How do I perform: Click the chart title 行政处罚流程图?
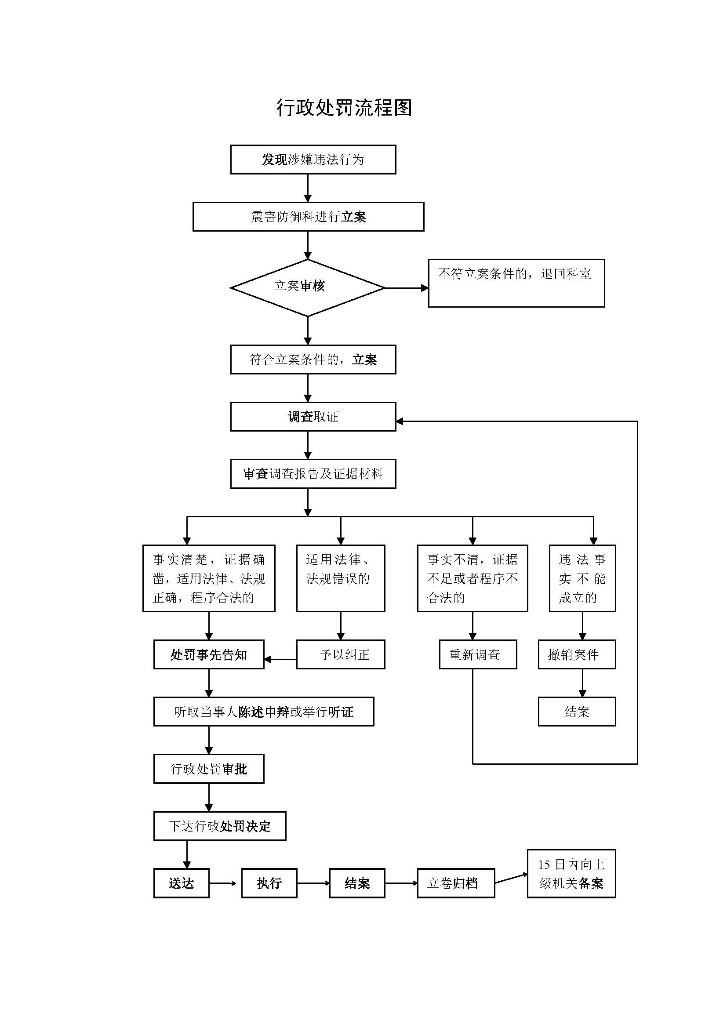[x=344, y=108]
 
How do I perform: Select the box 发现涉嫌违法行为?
[x=313, y=160]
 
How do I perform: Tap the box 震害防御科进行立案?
[x=308, y=217]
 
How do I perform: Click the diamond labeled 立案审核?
[x=308, y=287]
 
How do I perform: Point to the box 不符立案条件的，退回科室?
[x=516, y=283]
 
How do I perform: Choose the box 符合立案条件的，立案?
[x=313, y=360]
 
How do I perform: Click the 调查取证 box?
[x=313, y=417]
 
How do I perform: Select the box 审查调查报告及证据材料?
[x=313, y=474]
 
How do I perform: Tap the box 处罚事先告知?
[x=209, y=654]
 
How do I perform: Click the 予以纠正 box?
[x=340, y=654]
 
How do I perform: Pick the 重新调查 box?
[x=478, y=654]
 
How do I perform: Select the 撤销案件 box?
[x=577, y=654]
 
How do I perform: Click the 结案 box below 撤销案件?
[x=577, y=712]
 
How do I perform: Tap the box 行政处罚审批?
[x=209, y=769]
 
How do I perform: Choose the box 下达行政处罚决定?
[x=219, y=826]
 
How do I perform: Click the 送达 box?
[x=181, y=883]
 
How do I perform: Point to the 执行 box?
[x=269, y=883]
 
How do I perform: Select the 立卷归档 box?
[x=456, y=883]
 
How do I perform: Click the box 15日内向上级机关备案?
[x=571, y=874]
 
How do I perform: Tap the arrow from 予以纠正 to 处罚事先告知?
[x=280, y=660]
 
